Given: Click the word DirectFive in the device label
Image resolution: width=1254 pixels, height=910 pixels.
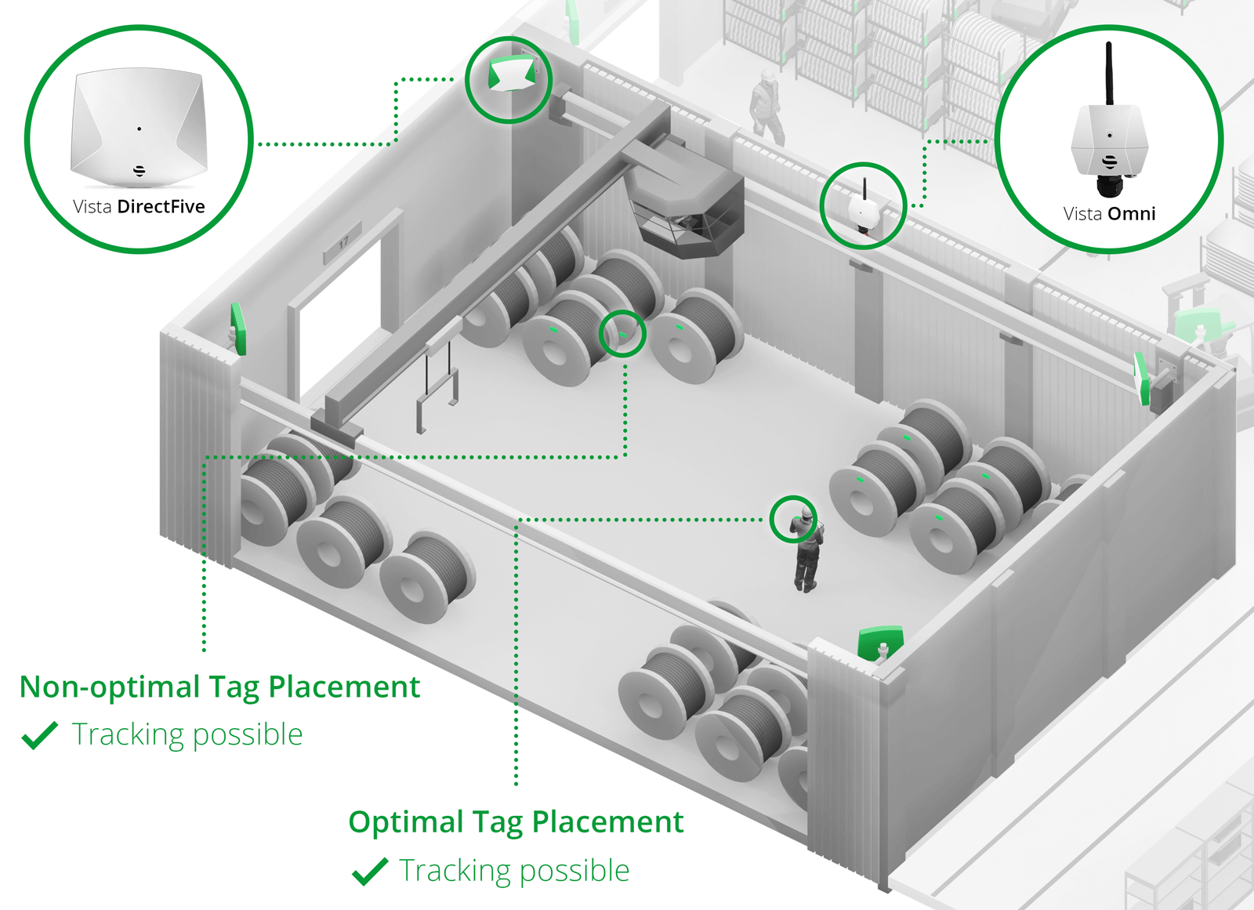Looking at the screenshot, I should tap(161, 207).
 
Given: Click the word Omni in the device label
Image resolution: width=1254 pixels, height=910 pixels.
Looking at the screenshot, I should tap(1131, 214).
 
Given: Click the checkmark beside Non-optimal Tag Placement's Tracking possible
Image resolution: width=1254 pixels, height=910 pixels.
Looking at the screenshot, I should tap(40, 735).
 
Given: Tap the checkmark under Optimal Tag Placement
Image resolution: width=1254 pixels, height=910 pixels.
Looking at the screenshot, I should tap(370, 871).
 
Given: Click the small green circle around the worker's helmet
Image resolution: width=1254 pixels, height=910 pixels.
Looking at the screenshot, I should tap(793, 519).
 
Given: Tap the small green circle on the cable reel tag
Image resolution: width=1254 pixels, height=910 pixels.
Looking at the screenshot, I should tap(622, 334).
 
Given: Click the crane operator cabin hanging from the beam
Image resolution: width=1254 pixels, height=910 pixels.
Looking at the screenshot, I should tap(688, 212).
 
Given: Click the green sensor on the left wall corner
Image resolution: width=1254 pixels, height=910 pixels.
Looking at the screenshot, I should tap(238, 330).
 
